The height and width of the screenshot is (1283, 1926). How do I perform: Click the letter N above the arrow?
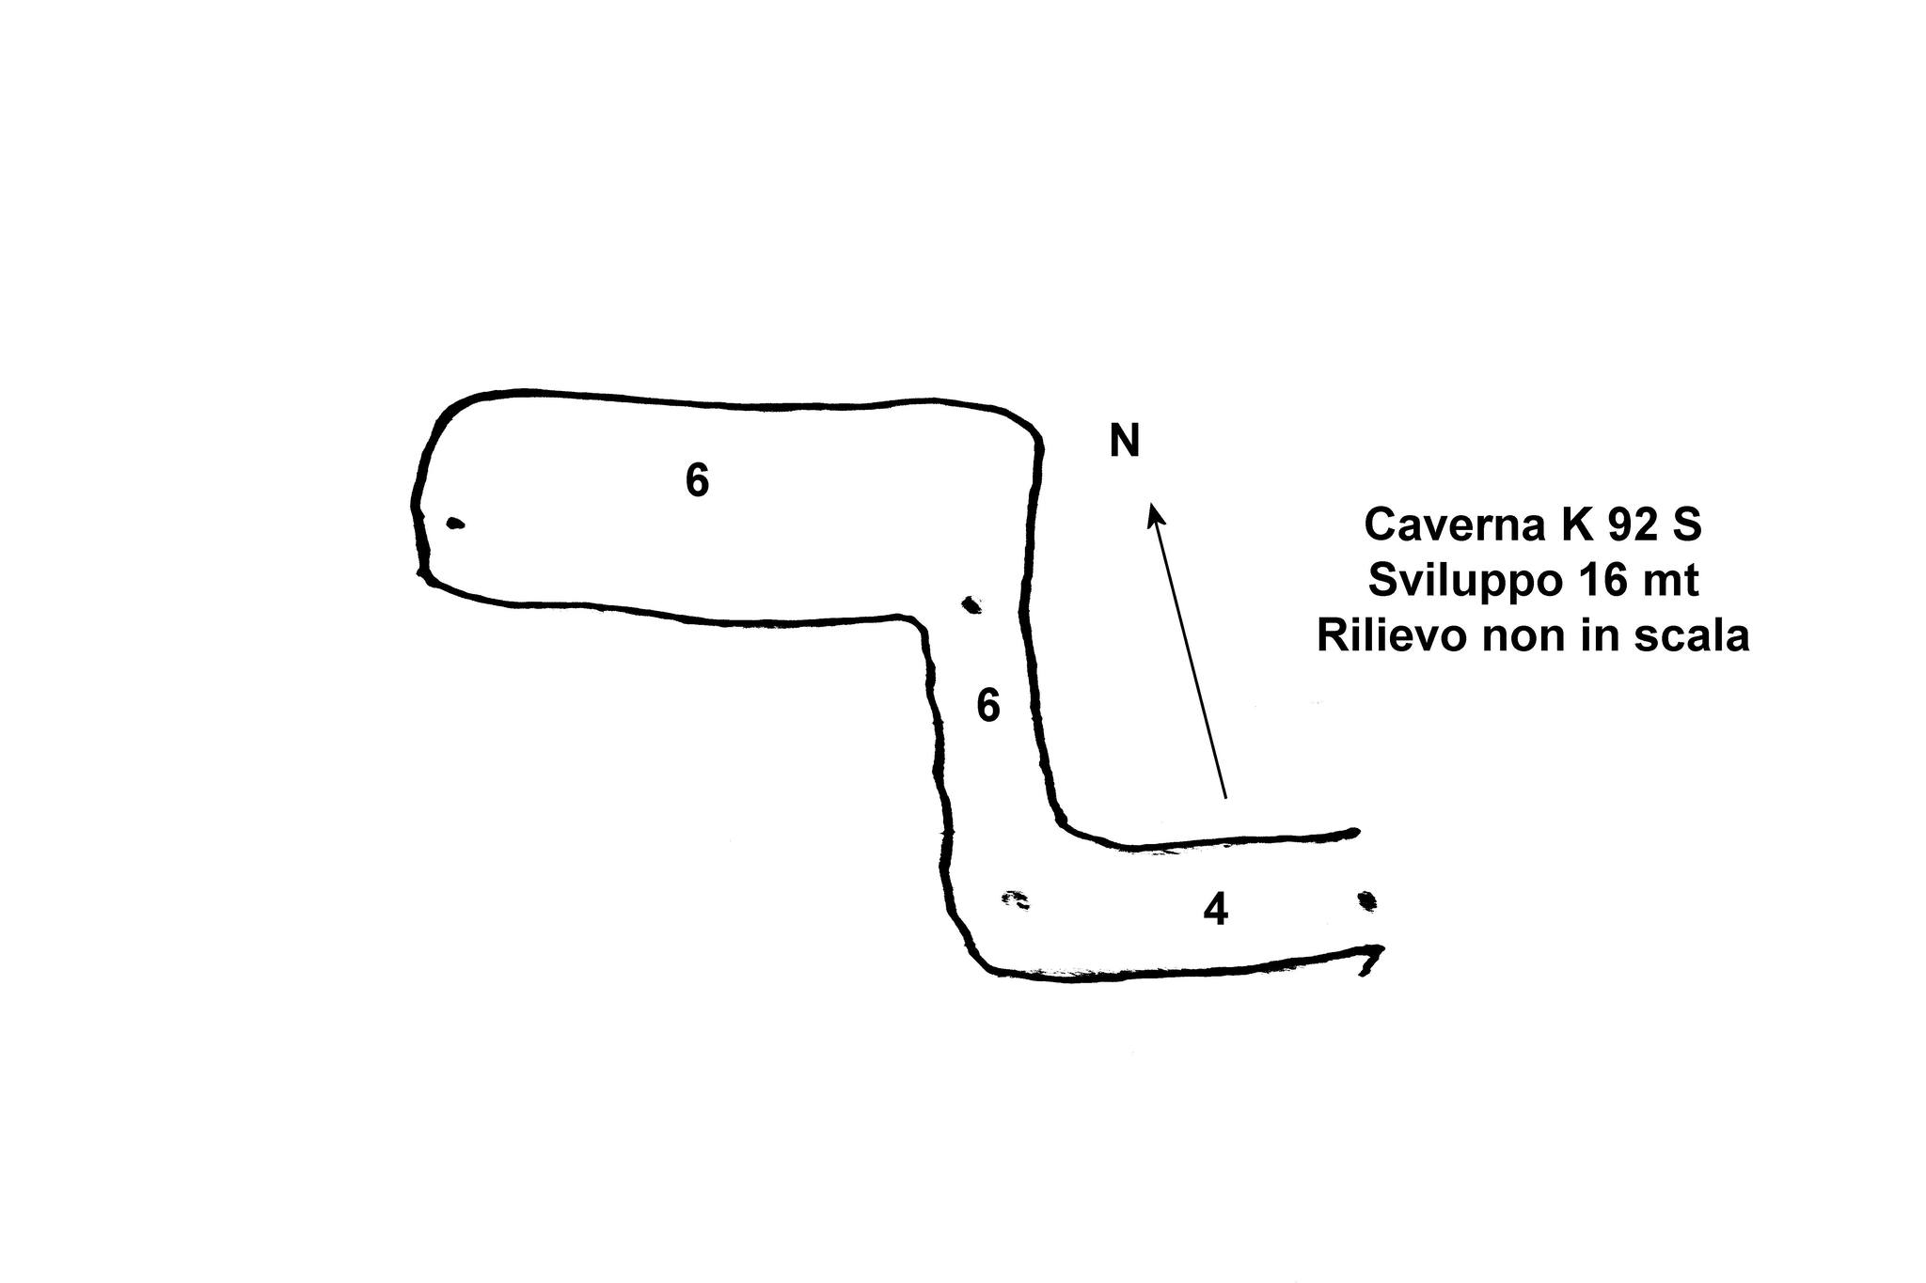pyautogui.click(x=1125, y=441)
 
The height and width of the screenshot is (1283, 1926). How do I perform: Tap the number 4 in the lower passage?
pyautogui.click(x=1216, y=910)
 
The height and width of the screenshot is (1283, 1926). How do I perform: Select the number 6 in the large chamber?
pyautogui.click(x=697, y=480)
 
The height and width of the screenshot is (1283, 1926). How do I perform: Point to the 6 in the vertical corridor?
pyautogui.click(x=988, y=705)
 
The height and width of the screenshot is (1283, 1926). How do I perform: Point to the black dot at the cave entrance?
pyautogui.click(x=1367, y=900)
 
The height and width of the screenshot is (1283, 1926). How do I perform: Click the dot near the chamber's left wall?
pyautogui.click(x=455, y=524)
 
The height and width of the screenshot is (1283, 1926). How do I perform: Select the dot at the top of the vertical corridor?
pyautogui.click(x=971, y=604)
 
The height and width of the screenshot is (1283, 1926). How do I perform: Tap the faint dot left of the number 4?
pyautogui.click(x=1016, y=900)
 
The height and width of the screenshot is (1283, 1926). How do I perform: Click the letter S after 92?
pyautogui.click(x=1687, y=524)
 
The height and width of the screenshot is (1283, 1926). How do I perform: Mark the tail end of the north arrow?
pyautogui.click(x=1225, y=799)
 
